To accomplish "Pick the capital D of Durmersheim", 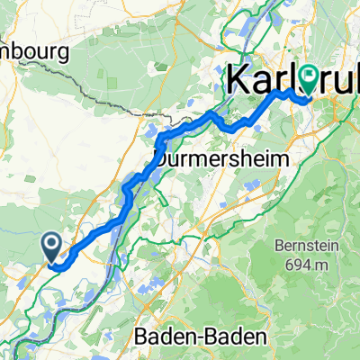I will tap(162, 158).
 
